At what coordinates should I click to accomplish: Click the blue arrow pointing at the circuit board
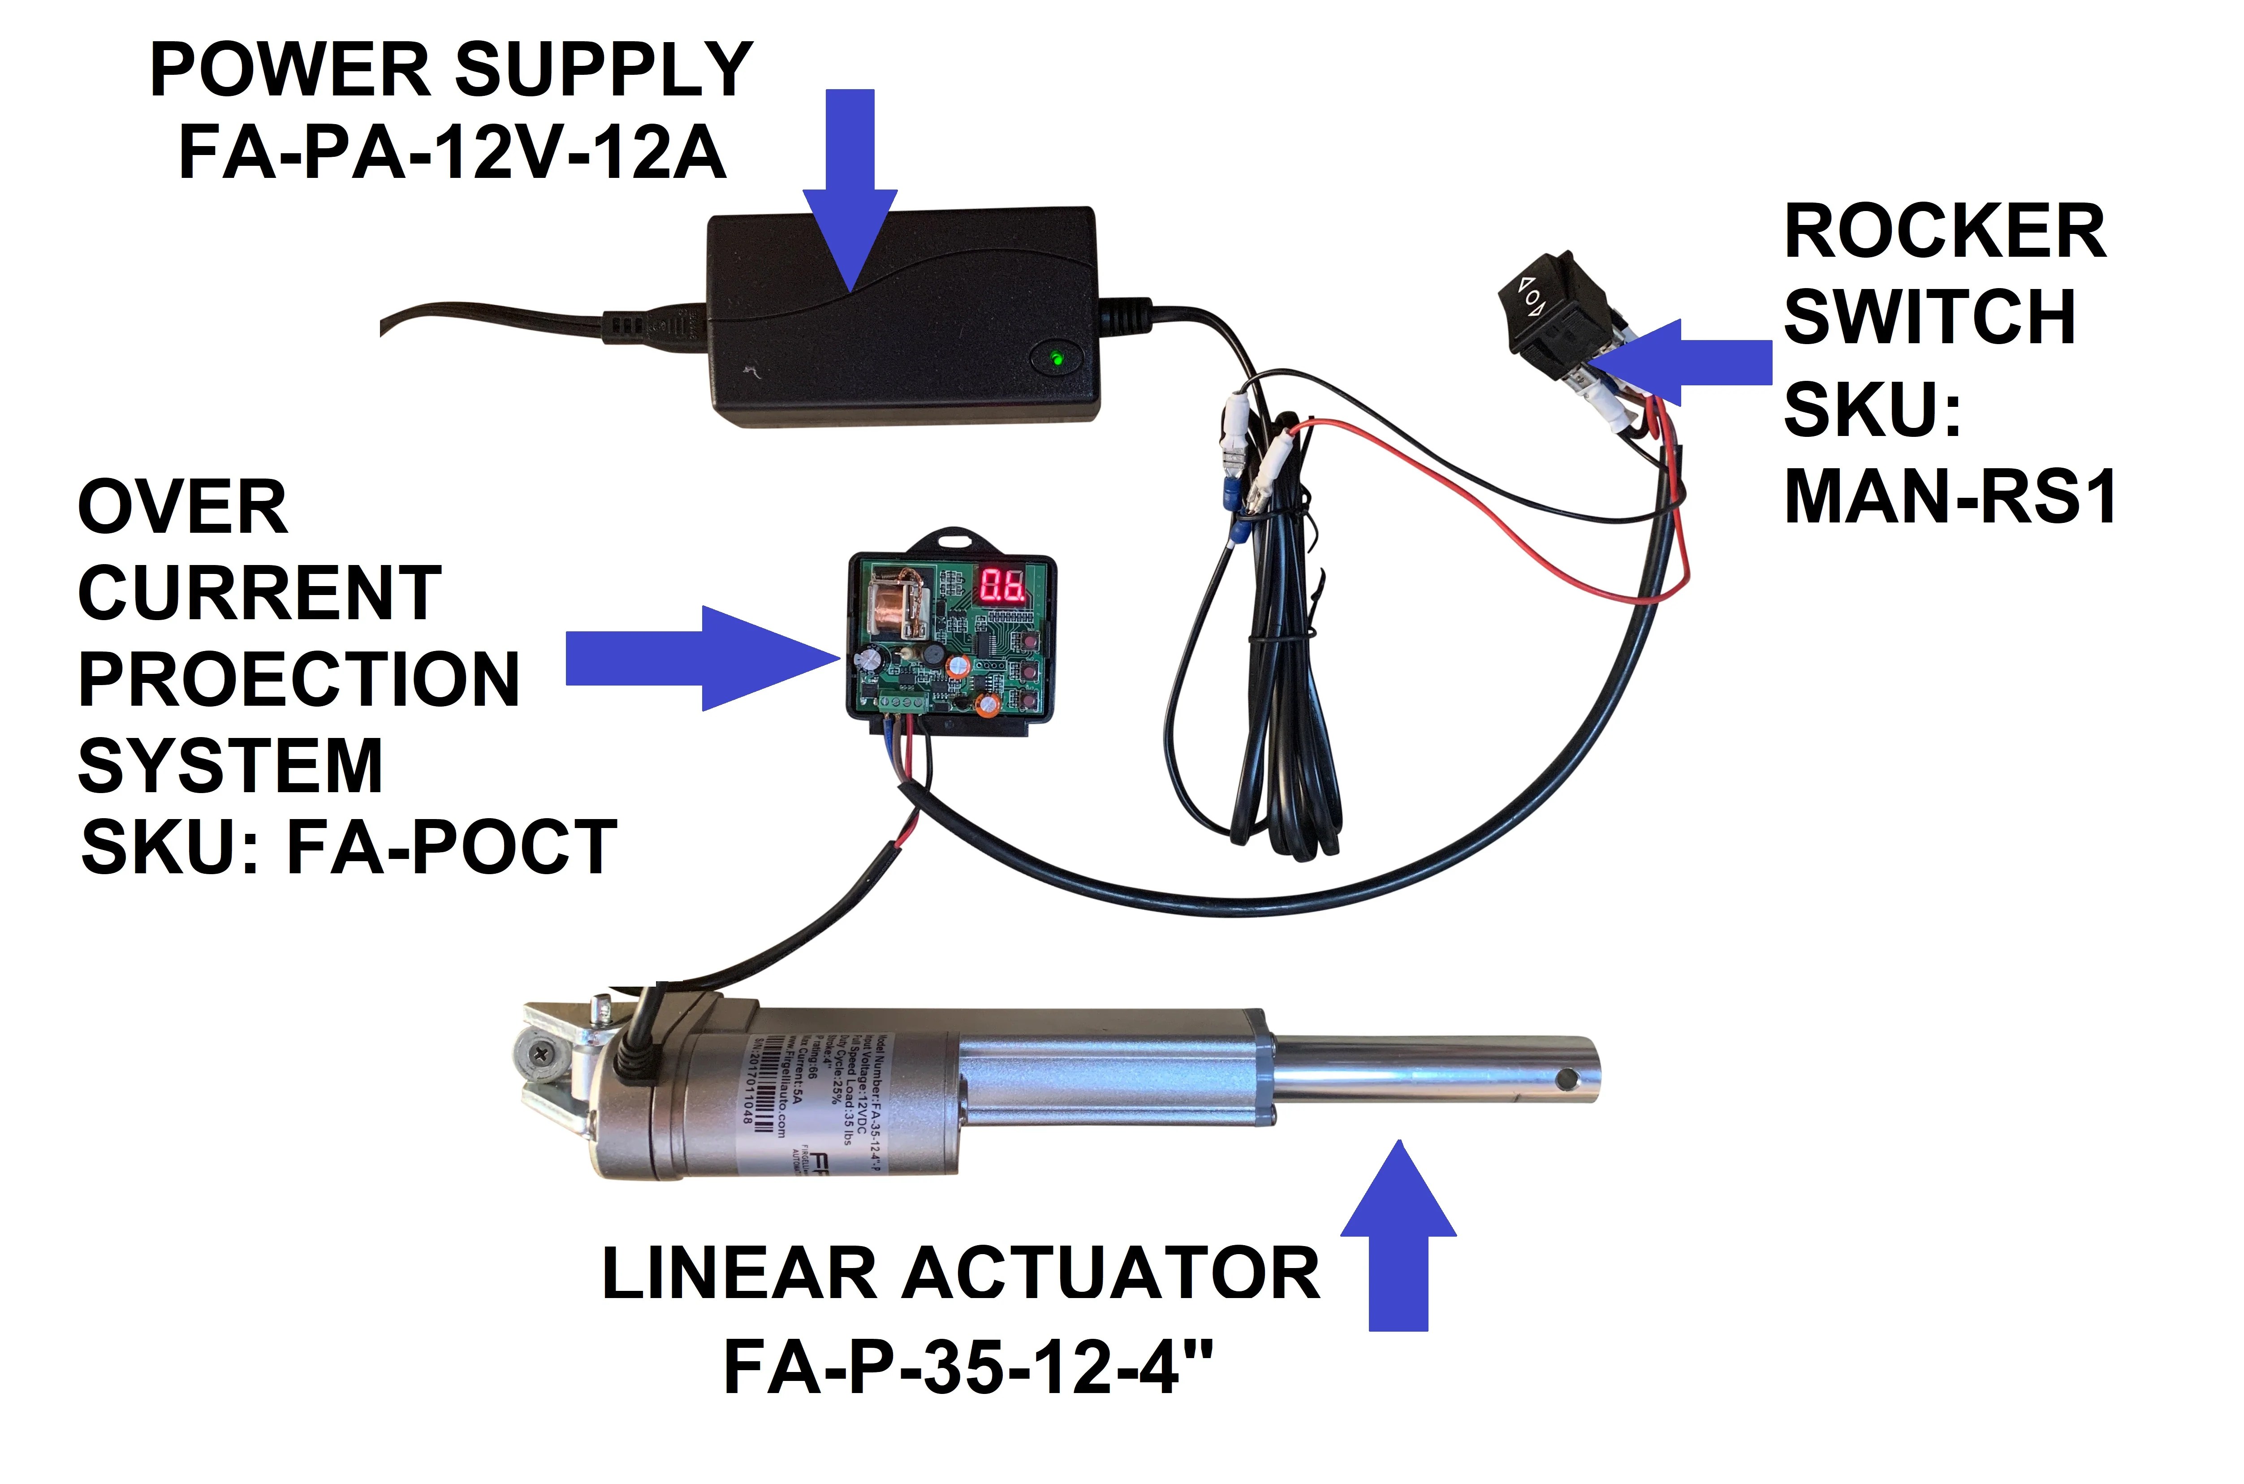700,658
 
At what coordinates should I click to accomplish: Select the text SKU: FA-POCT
348,847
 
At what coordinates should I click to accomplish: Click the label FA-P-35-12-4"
967,1368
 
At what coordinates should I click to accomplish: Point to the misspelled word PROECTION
298,680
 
